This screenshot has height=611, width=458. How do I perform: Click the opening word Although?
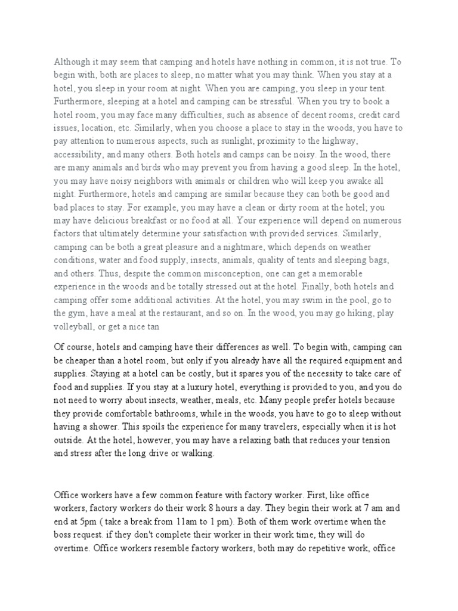coord(72,61)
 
